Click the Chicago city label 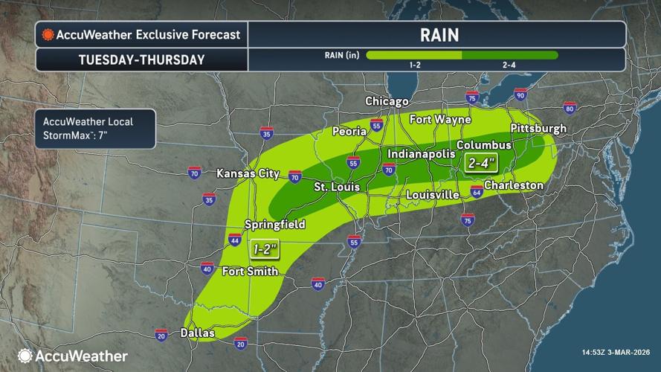pyautogui.click(x=387, y=101)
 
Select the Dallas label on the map pyautogui.click(x=198, y=334)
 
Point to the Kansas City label pyautogui.click(x=248, y=174)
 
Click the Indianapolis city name pyautogui.click(x=420, y=153)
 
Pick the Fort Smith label pyautogui.click(x=249, y=272)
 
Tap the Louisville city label pyautogui.click(x=433, y=195)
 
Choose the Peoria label pyautogui.click(x=349, y=131)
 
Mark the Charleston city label pyautogui.click(x=514, y=185)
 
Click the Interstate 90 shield pyautogui.click(x=520, y=94)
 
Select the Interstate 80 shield pyautogui.click(x=570, y=109)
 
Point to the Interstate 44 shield pyautogui.click(x=235, y=240)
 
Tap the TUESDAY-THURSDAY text pyautogui.click(x=142, y=60)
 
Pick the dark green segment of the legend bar pyautogui.click(x=509, y=54)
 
